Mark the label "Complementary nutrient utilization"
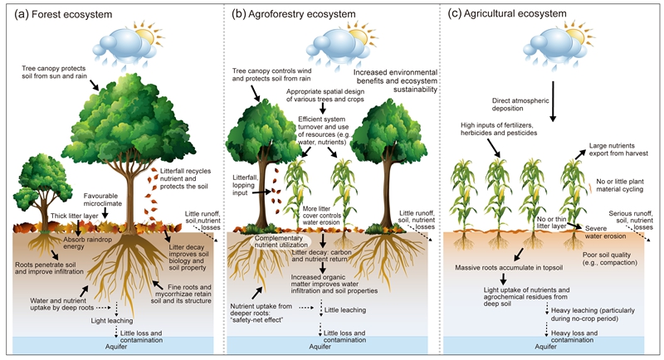pos(271,241)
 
